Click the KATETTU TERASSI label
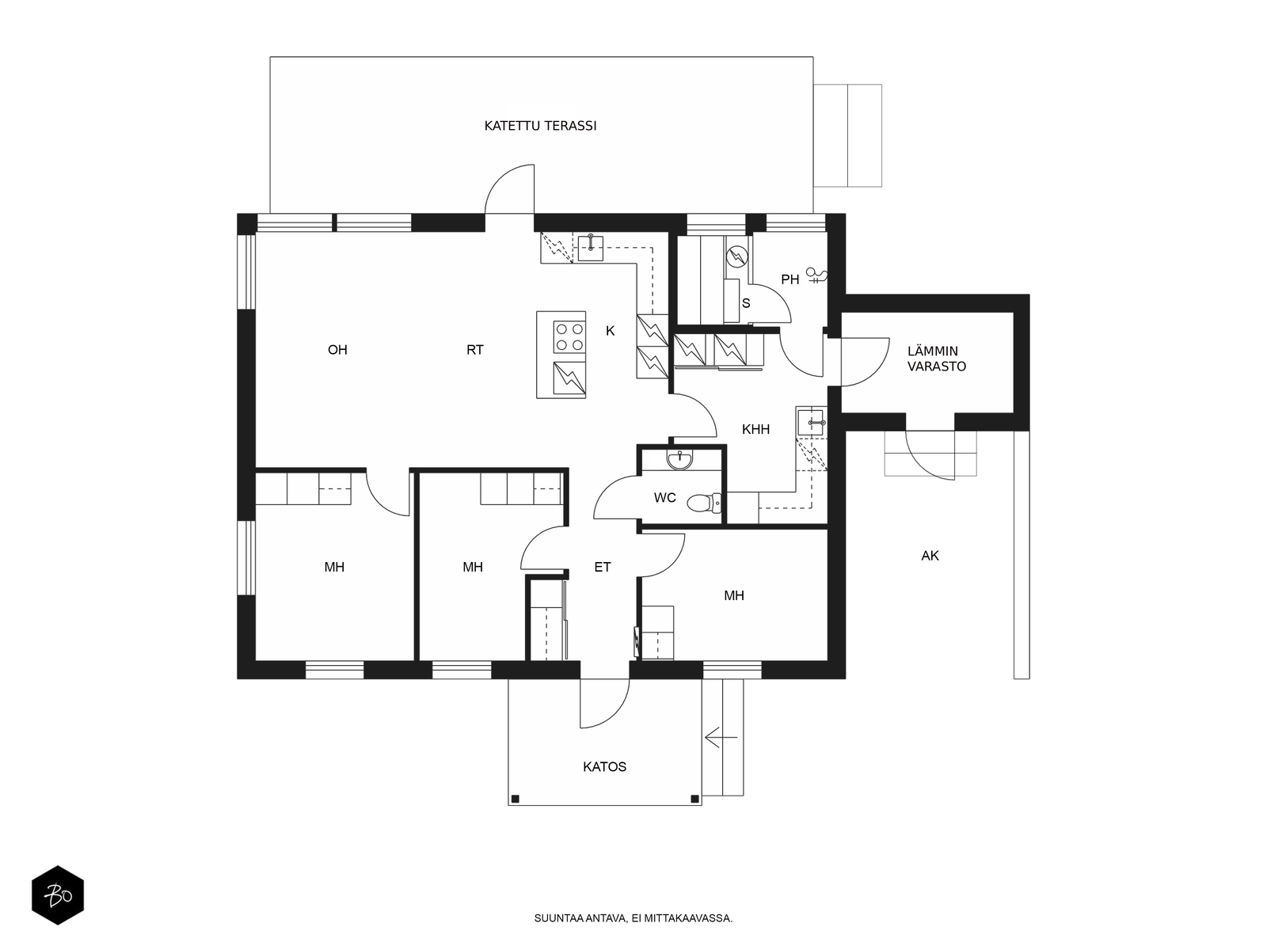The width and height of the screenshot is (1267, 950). pos(540,126)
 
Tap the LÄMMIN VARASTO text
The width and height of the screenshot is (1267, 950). pos(936,358)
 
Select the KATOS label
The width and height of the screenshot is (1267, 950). pos(604,766)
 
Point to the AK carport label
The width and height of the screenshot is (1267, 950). pos(930,556)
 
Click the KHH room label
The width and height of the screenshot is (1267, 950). pos(755,429)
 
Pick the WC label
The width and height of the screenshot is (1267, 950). pos(665,498)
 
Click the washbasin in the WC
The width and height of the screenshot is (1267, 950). pos(680,460)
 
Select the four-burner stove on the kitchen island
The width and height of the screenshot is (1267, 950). pos(569,337)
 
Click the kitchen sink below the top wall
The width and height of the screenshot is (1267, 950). pos(591,248)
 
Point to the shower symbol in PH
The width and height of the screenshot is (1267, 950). pos(816,275)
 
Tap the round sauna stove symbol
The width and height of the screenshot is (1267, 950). pos(736,256)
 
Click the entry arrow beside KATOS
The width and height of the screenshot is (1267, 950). pos(721,737)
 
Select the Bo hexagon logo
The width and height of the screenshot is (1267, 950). pos(58,895)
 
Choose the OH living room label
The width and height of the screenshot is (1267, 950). pos(337,350)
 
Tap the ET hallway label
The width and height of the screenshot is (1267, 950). pos(602,567)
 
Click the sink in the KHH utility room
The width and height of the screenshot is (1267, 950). pos(811,422)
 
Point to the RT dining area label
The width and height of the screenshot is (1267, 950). pos(474,350)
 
